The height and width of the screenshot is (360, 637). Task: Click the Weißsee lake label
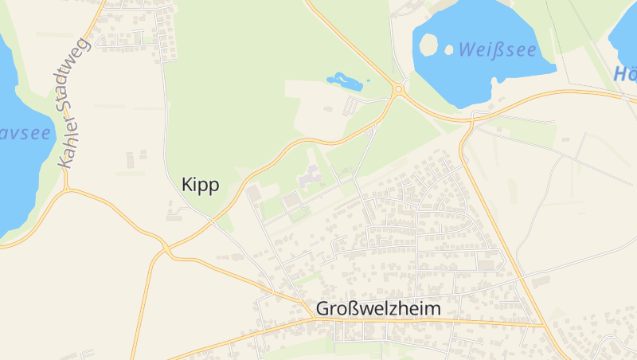click(x=497, y=49)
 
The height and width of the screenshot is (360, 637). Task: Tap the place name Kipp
click(x=200, y=185)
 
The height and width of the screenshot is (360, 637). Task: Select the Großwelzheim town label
click(x=377, y=308)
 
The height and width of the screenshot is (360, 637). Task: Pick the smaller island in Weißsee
click(x=449, y=49)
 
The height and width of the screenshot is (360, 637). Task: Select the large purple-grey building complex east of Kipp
click(x=309, y=174)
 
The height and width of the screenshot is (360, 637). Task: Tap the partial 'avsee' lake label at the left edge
click(x=24, y=132)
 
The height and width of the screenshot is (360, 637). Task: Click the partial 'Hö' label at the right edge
click(x=625, y=74)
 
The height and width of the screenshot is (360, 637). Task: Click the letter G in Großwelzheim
click(x=322, y=308)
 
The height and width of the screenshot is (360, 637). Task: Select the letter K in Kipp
click(x=187, y=185)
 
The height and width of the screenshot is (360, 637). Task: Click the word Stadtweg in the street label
click(x=80, y=80)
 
